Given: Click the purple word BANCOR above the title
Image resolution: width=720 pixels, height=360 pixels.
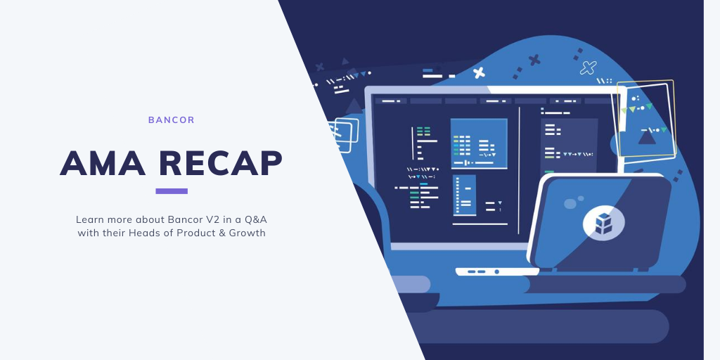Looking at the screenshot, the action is click(x=172, y=120).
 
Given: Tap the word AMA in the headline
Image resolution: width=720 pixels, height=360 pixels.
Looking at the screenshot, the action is click(x=103, y=163).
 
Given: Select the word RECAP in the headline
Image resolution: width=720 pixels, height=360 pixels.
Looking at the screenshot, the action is click(x=220, y=163).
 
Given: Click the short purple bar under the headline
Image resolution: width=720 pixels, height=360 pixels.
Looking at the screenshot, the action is click(x=172, y=191).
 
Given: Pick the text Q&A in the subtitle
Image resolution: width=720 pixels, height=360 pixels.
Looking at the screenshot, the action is click(x=257, y=219).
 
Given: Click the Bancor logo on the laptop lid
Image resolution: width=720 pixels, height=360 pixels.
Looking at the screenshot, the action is click(x=604, y=224).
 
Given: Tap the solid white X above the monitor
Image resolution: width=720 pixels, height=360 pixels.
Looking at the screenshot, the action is click(x=479, y=72).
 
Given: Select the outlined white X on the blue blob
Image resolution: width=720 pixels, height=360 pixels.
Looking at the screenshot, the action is click(x=589, y=68).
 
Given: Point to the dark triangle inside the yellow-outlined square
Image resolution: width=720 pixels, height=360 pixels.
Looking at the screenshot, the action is click(x=647, y=137).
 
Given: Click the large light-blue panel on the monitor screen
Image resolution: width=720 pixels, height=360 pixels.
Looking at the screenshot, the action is click(x=479, y=143).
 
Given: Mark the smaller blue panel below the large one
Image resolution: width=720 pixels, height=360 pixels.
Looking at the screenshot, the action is click(x=464, y=195).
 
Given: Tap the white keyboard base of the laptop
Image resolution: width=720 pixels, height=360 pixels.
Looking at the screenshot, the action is click(x=497, y=271).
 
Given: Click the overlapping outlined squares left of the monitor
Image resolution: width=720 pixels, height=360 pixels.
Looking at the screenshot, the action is click(x=345, y=134).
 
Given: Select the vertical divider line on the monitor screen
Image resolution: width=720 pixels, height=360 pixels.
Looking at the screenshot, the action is click(x=520, y=170).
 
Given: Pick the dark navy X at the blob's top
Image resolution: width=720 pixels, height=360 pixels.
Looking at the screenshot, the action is click(x=534, y=60).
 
